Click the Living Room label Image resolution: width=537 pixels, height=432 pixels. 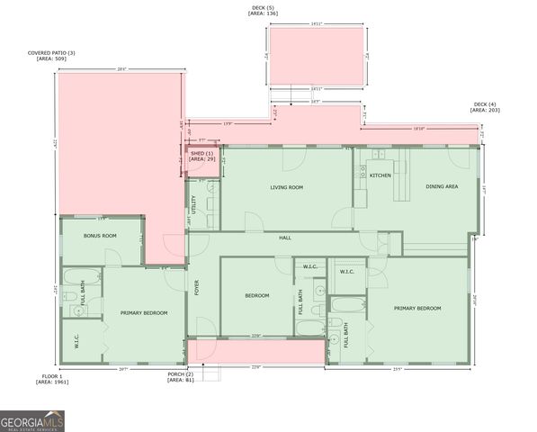tap(286, 187)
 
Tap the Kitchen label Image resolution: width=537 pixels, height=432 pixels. tap(380, 175)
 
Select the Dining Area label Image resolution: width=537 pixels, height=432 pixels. tap(442, 185)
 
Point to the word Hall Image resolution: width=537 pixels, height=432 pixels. tap(285, 237)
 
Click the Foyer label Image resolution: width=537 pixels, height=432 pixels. tap(196, 288)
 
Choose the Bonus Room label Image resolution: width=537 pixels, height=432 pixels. tap(100, 235)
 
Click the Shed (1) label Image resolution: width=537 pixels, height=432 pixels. tap(201, 153)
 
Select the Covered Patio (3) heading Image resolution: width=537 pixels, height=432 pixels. tap(51, 53)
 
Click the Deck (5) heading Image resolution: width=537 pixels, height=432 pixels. tap(264, 7)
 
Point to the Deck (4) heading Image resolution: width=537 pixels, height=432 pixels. tap(487, 103)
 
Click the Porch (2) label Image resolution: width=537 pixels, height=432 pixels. tap(181, 373)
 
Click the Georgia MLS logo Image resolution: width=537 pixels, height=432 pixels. tap(33, 420)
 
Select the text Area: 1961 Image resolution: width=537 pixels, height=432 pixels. tap(51, 382)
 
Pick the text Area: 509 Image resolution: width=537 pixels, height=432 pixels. tap(51, 59)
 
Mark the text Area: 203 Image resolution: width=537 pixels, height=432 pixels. tap(486, 110)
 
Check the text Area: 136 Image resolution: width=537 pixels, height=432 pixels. tap(264, 13)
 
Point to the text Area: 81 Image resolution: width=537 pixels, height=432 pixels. tap(180, 380)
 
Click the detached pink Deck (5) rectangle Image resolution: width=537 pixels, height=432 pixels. tap(315, 56)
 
